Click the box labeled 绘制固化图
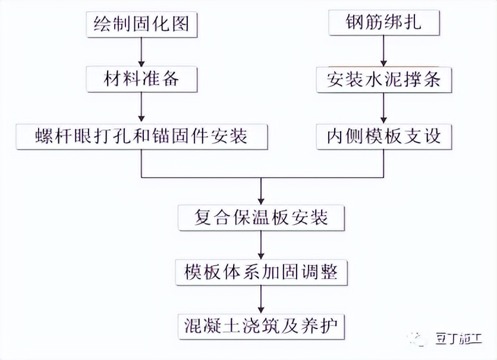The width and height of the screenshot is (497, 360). tap(141, 25)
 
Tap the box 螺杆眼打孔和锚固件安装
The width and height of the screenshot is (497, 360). tap(141, 136)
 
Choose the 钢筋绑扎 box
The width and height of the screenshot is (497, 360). tap(383, 25)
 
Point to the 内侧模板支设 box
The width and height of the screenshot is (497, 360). tap(383, 136)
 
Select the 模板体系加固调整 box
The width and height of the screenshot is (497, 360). tap(261, 271)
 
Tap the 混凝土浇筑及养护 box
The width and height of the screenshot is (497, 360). tap(261, 326)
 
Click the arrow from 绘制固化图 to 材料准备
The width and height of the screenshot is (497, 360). tap(141, 52)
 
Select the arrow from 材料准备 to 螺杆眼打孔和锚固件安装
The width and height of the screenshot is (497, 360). tap(141, 107)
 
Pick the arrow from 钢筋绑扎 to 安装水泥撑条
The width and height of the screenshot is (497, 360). tap(383, 52)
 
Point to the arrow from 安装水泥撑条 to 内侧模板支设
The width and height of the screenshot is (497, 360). tap(383, 107)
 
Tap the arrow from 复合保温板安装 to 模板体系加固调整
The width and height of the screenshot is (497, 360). tap(261, 244)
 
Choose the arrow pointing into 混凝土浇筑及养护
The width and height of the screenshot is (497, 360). tap(261, 299)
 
